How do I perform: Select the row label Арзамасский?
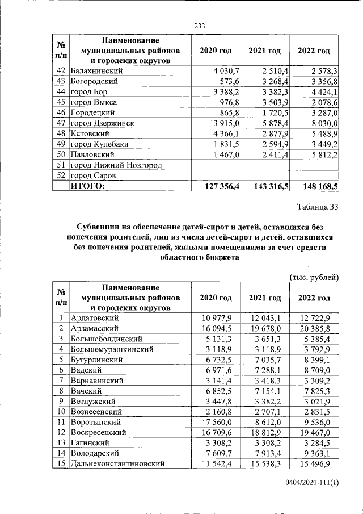coord(94,328)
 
